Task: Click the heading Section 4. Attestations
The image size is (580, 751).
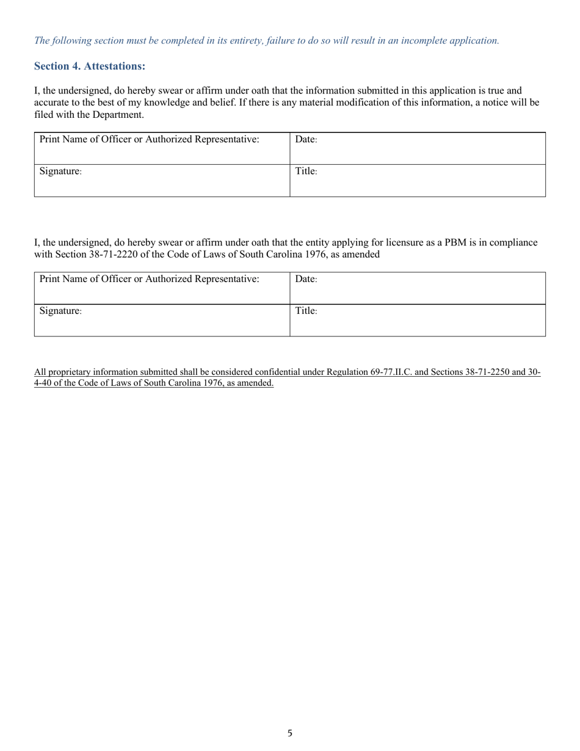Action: coord(90,66)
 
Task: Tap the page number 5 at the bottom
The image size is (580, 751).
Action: coord(290,733)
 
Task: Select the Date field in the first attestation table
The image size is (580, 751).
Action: coord(418,148)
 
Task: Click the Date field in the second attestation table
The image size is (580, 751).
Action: coord(418,288)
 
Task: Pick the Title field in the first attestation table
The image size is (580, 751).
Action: coord(418,181)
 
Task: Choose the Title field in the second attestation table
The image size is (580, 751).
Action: coord(418,321)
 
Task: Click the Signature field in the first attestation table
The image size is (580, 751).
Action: coord(162,181)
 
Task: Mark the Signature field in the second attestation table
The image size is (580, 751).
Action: coord(162,321)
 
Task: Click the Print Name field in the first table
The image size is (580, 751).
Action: coord(162,148)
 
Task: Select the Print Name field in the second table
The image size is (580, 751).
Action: coord(162,288)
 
